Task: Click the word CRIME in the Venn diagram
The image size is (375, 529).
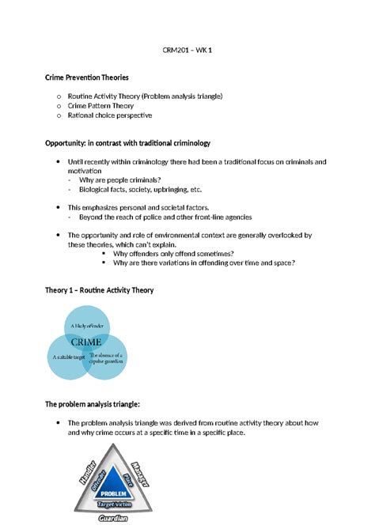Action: pyautogui.click(x=86, y=342)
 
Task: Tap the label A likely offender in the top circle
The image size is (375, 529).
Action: pyautogui.click(x=86, y=326)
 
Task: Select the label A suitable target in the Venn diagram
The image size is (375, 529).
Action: pyautogui.click(x=69, y=357)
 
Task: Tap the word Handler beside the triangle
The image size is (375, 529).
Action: pyautogui.click(x=85, y=471)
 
